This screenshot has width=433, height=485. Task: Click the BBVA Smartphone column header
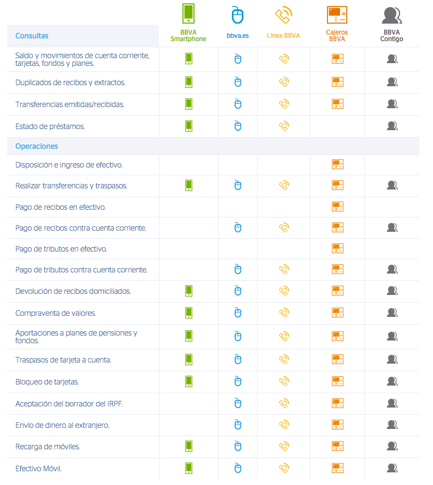(x=188, y=36)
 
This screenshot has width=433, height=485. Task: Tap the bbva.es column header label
(x=237, y=36)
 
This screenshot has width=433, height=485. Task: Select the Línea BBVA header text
(x=284, y=36)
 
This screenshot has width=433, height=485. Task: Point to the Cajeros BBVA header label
(x=337, y=36)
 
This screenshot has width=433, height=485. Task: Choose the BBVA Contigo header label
(x=392, y=36)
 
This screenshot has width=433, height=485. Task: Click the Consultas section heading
(x=32, y=36)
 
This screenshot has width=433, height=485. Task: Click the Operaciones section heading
(x=37, y=147)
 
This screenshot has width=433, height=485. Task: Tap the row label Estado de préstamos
(x=50, y=126)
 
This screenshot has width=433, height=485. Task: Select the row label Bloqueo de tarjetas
(x=47, y=382)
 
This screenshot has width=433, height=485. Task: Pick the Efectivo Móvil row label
(x=38, y=469)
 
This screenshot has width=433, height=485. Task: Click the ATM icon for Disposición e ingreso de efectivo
(x=337, y=164)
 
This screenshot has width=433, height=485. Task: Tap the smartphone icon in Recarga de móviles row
(x=188, y=446)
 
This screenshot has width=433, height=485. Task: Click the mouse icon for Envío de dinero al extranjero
(x=237, y=425)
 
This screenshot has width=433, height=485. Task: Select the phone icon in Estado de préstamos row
(x=284, y=126)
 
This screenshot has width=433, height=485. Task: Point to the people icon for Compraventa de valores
(x=392, y=313)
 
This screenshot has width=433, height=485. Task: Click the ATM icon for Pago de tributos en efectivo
(x=337, y=248)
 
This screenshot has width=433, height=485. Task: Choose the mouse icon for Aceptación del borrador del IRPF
(x=237, y=403)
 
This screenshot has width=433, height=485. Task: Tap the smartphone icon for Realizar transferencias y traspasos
(x=188, y=185)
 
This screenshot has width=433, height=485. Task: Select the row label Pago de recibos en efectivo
(x=60, y=207)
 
